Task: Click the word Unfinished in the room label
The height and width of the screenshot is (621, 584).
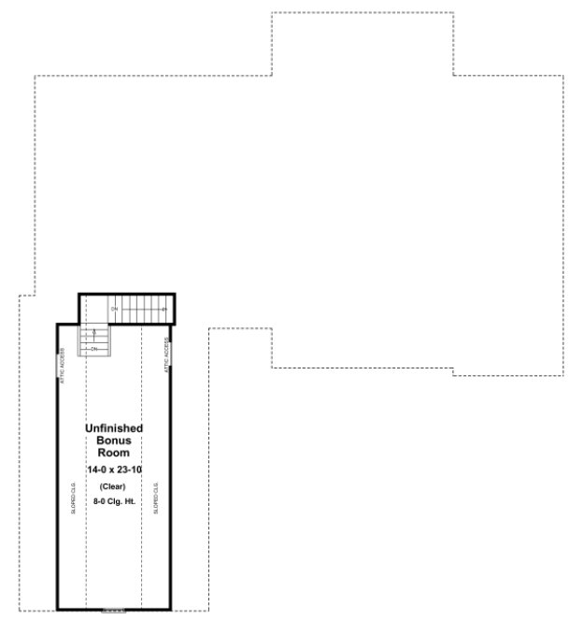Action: tap(113, 428)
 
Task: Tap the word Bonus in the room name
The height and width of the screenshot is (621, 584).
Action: tap(113, 440)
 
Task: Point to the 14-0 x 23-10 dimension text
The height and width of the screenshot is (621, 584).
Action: tap(113, 469)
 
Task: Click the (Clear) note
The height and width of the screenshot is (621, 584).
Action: tap(113, 486)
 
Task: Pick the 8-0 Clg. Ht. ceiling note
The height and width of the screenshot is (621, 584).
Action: tap(113, 502)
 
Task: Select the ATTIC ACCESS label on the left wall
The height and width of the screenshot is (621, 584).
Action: tap(63, 366)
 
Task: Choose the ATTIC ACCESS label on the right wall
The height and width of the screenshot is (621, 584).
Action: tap(167, 356)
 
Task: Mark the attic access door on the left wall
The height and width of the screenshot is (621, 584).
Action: tap(57, 366)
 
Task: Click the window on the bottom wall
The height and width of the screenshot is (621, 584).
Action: tap(113, 610)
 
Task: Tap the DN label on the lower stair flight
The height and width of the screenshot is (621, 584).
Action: tap(94, 349)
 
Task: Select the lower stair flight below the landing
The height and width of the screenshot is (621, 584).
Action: tap(94, 341)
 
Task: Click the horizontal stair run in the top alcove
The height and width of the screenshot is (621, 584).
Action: tap(140, 309)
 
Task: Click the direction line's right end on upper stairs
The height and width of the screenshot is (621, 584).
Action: tap(164, 309)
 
